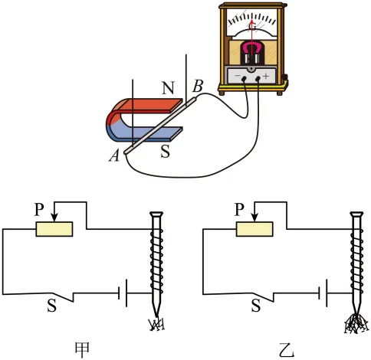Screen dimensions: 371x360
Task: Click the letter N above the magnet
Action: tap(168, 88)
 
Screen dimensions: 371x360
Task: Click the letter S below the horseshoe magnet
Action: tap(165, 151)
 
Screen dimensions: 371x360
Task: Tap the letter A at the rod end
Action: tap(114, 155)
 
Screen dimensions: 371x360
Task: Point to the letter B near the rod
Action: tap(198, 86)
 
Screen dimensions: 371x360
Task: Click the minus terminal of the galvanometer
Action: tap(245, 79)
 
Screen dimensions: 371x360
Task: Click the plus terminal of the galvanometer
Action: tap(258, 78)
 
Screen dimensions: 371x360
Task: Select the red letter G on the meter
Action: tap(252, 26)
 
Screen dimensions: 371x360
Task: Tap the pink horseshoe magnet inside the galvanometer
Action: tap(252, 47)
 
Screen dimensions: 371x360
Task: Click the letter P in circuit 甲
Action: tap(39, 209)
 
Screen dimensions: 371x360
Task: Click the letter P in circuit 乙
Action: tap(239, 209)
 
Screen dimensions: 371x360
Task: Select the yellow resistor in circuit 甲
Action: tap(54, 229)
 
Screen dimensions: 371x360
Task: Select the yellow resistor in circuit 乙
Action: tap(254, 229)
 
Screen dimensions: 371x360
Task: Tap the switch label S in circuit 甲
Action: tap(51, 305)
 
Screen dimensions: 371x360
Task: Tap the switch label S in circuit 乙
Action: tap(256, 305)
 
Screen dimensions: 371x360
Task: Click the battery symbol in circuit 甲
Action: tap(123, 293)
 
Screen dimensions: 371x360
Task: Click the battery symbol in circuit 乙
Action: tap(323, 293)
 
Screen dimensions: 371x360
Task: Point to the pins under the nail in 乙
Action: tap(357, 323)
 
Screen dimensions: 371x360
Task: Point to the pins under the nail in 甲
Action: tap(156, 324)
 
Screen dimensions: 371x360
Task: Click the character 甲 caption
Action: tap(82, 350)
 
